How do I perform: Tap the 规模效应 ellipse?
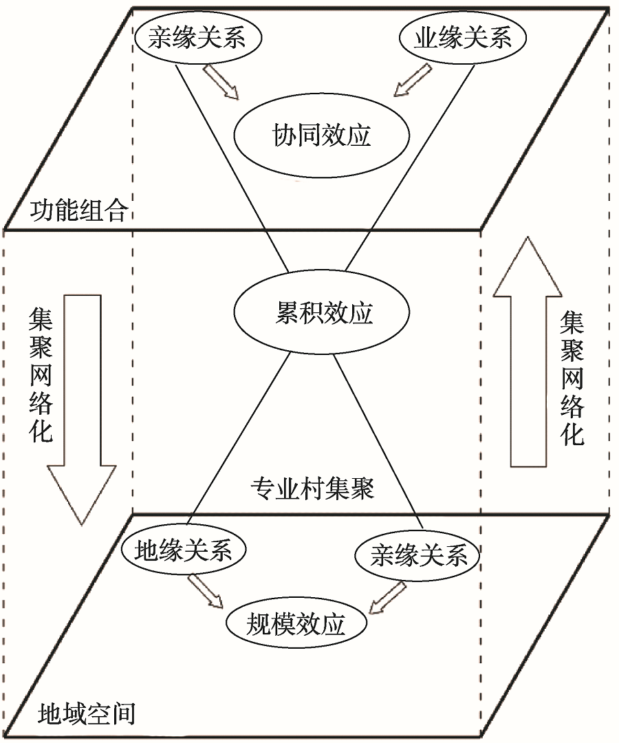pyautogui.click(x=296, y=625)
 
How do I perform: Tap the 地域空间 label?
pyautogui.click(x=85, y=713)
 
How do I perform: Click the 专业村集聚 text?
pyautogui.click(x=313, y=489)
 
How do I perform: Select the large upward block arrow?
pyautogui.click(x=529, y=351)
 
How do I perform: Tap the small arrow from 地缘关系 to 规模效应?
pyautogui.click(x=206, y=591)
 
